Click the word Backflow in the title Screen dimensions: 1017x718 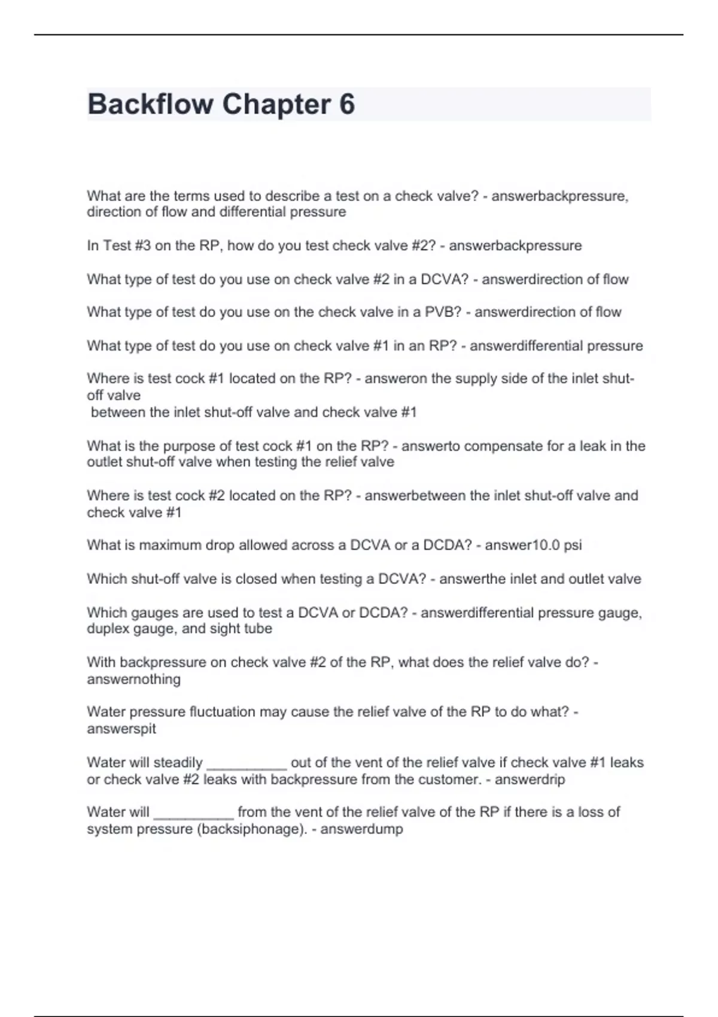(x=150, y=104)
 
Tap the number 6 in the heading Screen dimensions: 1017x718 (x=347, y=104)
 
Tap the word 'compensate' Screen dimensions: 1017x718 (x=480, y=446)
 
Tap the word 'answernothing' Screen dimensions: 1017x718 (x=133, y=680)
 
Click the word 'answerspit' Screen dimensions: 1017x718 (x=121, y=729)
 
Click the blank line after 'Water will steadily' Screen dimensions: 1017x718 (x=247, y=763)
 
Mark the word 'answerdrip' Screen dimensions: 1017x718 (x=530, y=780)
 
